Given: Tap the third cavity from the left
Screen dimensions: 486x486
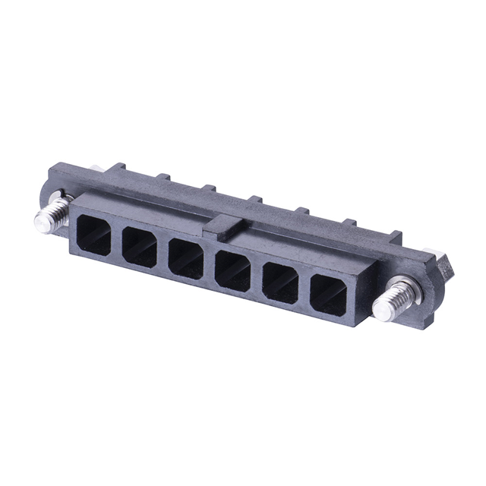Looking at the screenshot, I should click(x=187, y=258).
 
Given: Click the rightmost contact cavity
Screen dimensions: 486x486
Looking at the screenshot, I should click(x=328, y=293).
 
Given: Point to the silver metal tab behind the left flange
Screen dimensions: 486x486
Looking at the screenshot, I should click(x=94, y=170).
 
